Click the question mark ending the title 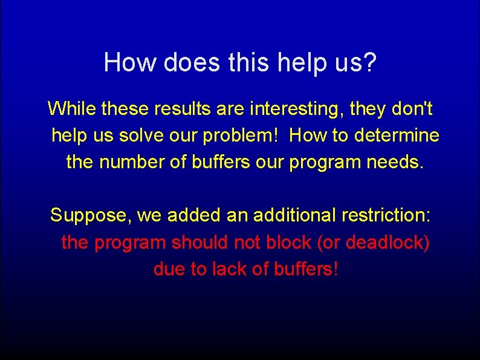369,62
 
